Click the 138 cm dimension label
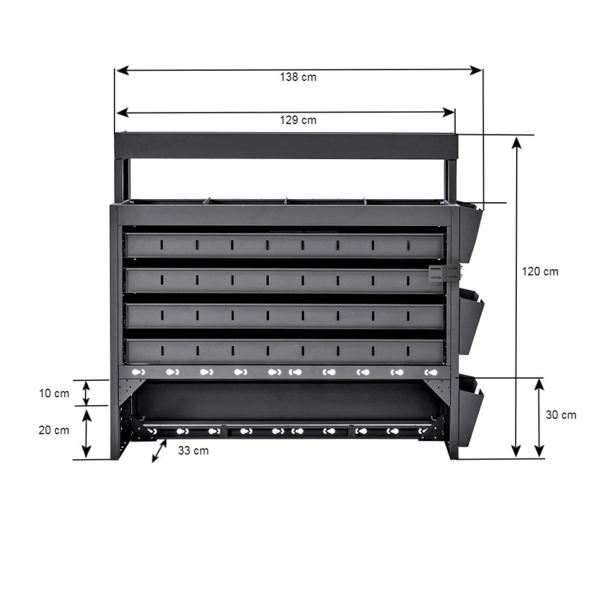(298, 77)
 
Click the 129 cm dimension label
(298, 120)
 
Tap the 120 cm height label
(540, 271)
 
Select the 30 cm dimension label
(561, 415)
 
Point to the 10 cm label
(54, 393)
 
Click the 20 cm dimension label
(54, 430)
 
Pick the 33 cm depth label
(193, 451)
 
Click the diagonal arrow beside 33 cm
(159, 451)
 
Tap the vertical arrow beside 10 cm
(86, 393)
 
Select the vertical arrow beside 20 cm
(87, 434)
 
